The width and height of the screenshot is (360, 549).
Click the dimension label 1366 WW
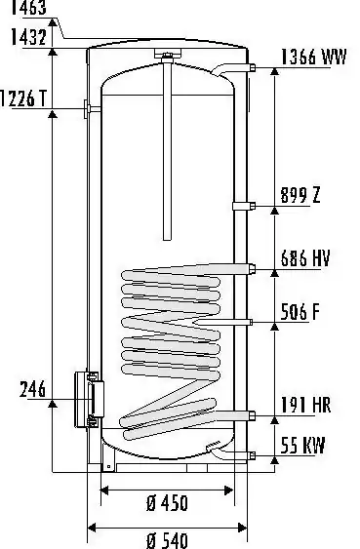tap(314, 57)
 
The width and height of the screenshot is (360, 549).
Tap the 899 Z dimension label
tap(300, 195)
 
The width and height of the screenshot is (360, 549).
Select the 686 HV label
tap(305, 258)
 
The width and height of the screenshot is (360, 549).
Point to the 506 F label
tap(300, 312)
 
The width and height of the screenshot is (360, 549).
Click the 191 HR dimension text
tap(305, 405)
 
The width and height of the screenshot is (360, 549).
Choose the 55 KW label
tap(302, 446)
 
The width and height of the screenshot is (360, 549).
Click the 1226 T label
tap(23, 98)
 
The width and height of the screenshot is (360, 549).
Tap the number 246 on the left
tap(32, 389)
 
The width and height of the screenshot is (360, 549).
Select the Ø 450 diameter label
tap(168, 503)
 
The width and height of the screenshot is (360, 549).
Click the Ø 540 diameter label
tap(168, 540)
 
